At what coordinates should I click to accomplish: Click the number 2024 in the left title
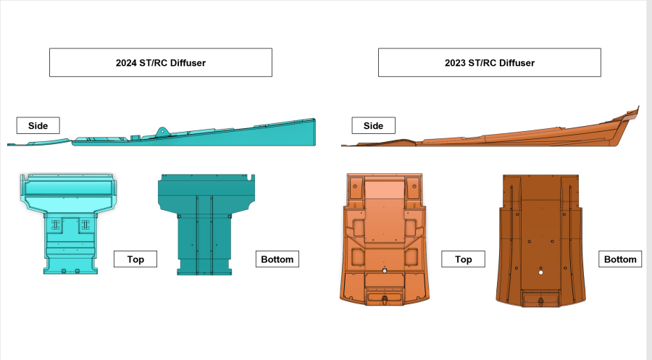click(x=126, y=63)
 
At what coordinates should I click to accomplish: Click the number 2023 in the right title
click(x=455, y=63)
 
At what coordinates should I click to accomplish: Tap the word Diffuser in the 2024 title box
click(x=188, y=63)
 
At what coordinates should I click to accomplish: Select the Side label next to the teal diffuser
click(x=38, y=125)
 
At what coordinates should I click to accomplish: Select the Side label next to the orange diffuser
click(x=373, y=125)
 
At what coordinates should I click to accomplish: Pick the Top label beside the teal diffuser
click(x=135, y=259)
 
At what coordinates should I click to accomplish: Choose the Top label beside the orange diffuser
click(x=463, y=259)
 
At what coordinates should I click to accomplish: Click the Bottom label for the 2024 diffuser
click(x=277, y=259)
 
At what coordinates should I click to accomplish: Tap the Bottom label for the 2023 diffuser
click(x=620, y=259)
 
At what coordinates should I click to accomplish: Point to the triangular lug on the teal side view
click(x=162, y=131)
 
